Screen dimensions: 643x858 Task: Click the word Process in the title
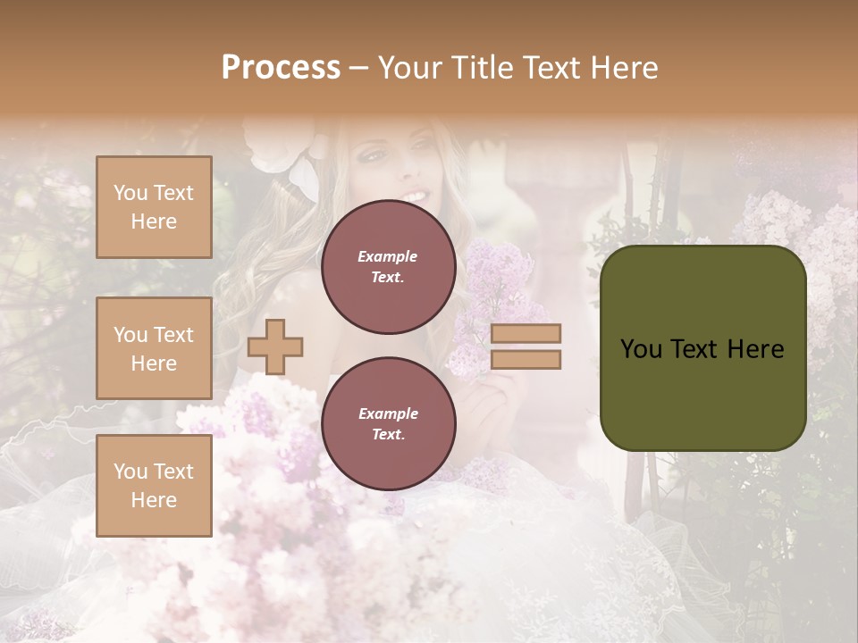[281, 68]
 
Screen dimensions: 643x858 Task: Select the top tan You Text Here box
[154, 207]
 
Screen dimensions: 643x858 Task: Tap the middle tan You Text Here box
[154, 348]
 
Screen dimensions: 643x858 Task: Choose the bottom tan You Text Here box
[154, 485]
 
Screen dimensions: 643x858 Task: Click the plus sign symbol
[275, 346]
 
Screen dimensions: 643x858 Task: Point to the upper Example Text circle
[389, 267]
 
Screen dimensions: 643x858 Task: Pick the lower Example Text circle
[389, 424]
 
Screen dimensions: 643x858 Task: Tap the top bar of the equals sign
[526, 333]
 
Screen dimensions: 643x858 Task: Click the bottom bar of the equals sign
[526, 359]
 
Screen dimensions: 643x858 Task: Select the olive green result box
[702, 348]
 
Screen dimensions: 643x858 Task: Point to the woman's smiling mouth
[413, 196]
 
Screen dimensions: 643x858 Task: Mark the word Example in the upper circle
[388, 256]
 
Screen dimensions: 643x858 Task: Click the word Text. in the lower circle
[388, 435]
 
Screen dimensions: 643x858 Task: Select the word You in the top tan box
[130, 193]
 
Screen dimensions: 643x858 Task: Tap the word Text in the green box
[695, 349]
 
